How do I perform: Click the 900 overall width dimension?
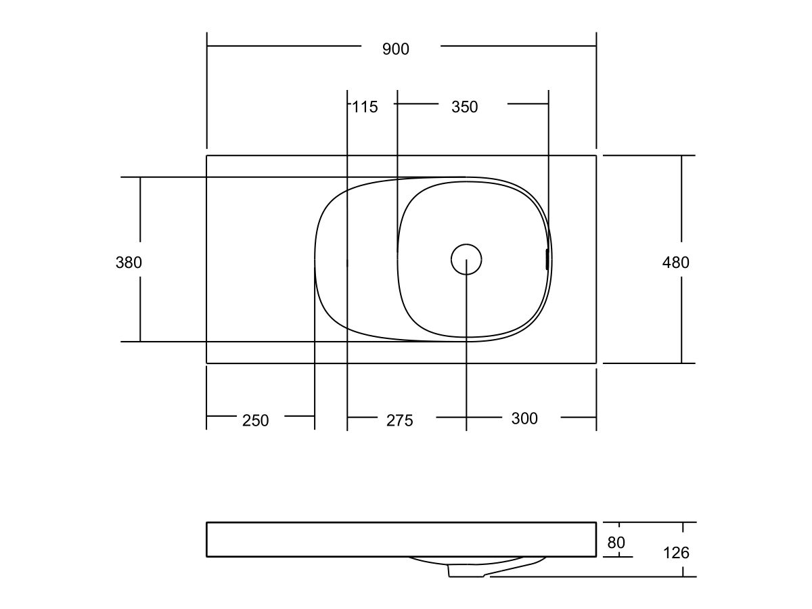(396, 49)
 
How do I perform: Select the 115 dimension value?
(365, 106)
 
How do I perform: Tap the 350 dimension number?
(464, 107)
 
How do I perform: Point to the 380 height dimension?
(129, 263)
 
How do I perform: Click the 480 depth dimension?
(675, 263)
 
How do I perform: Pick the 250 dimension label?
(255, 420)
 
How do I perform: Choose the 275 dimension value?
(399, 420)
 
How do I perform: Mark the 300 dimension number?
(524, 419)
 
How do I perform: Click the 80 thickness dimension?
(616, 543)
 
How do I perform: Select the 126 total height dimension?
(675, 553)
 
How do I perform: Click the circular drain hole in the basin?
(466, 259)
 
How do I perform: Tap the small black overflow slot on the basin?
(546, 259)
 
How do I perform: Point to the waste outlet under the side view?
(467, 572)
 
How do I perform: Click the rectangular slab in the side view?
(401, 539)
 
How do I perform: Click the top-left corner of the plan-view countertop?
(206, 156)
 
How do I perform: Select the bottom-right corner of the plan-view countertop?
(596, 363)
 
